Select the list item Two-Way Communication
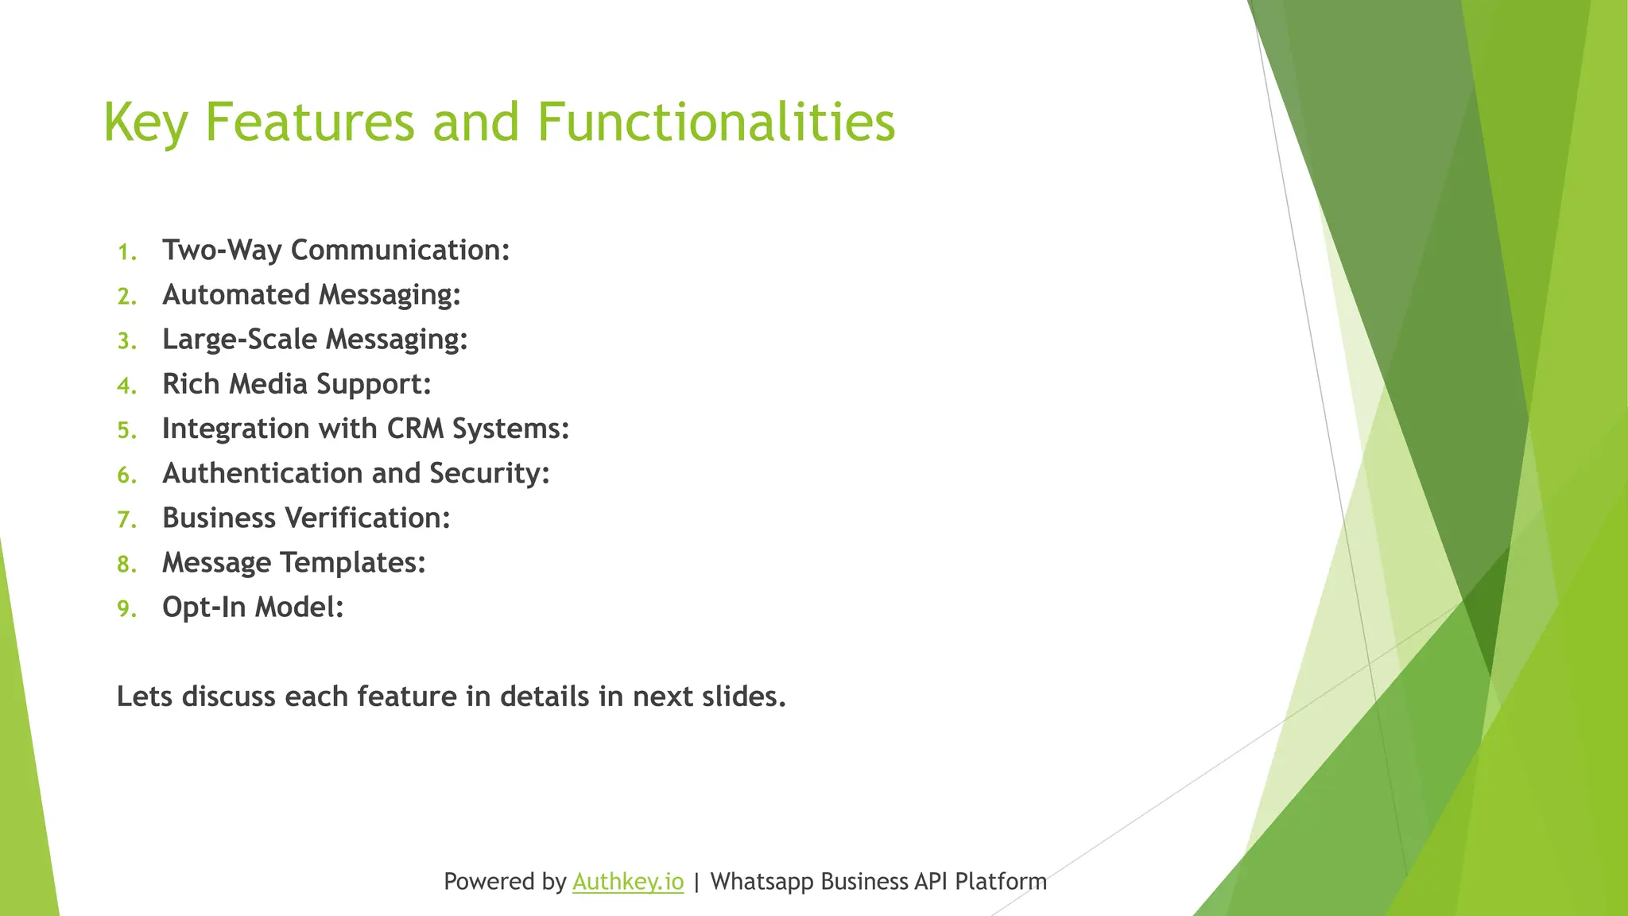click(x=335, y=250)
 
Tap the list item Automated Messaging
click(x=311, y=295)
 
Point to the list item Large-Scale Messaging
click(x=315, y=340)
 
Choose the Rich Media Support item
click(x=297, y=384)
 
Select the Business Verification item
click(x=306, y=518)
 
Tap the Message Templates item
click(x=293, y=562)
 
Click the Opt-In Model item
click(x=253, y=607)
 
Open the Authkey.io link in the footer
click(x=627, y=882)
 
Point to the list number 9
click(x=126, y=609)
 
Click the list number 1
click(x=126, y=253)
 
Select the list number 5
click(x=126, y=431)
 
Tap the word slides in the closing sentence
click(x=743, y=697)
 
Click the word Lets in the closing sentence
click(x=145, y=697)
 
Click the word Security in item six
click(x=489, y=473)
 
